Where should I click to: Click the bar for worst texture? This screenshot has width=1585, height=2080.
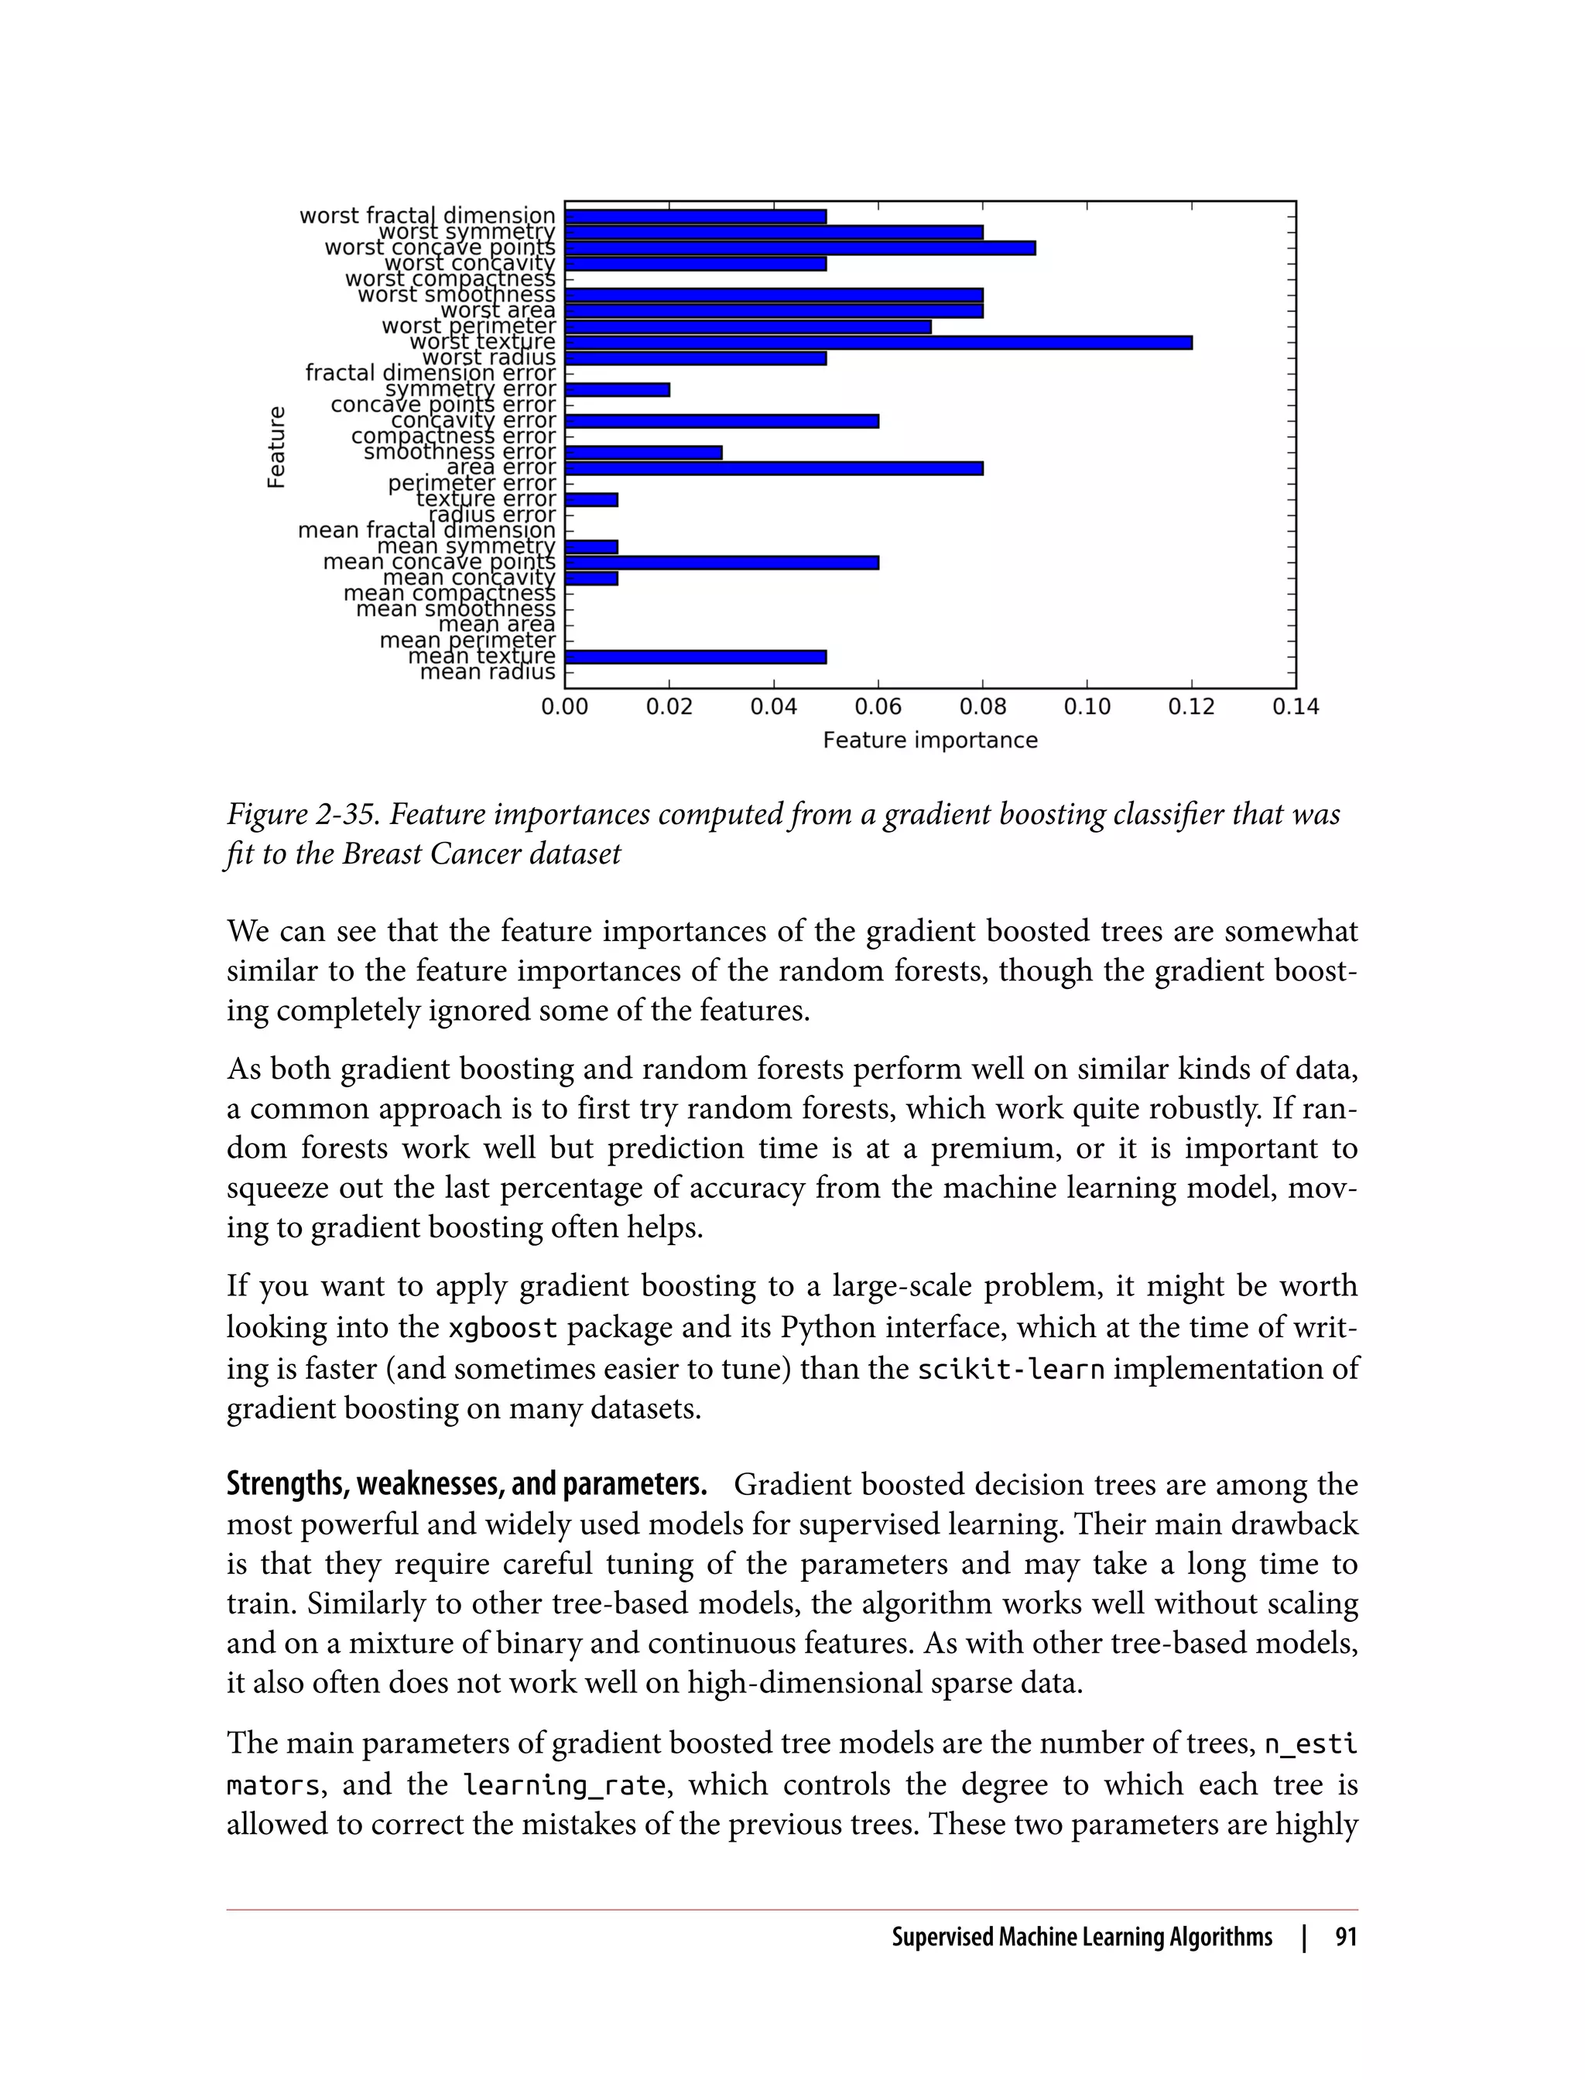click(x=878, y=343)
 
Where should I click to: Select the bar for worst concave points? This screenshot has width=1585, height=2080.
click(x=800, y=248)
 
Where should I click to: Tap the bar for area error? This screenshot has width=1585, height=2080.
click(x=774, y=468)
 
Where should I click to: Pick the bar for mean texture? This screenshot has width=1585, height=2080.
click(x=695, y=656)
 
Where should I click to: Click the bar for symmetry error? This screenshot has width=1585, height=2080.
click(x=617, y=389)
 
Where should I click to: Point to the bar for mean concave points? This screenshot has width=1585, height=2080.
click(x=722, y=563)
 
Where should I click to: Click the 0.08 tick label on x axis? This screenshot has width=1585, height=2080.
click(x=982, y=707)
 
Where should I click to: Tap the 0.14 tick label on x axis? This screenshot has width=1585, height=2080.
click(x=1296, y=707)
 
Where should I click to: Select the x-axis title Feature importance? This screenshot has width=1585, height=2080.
click(x=929, y=741)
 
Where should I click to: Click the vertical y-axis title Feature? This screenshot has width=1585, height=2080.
click(x=276, y=446)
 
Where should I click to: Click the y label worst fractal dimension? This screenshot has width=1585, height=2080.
click(x=427, y=216)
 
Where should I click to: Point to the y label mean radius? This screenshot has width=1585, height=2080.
click(x=487, y=672)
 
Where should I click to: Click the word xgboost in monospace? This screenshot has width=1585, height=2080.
click(x=502, y=1328)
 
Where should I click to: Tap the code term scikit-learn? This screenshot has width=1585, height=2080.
click(x=1011, y=1369)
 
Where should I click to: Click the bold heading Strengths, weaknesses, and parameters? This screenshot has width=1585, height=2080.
click(x=466, y=1486)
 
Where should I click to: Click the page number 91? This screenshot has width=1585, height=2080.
click(x=1345, y=1938)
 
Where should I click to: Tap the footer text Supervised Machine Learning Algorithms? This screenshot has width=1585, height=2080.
click(x=1081, y=1938)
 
